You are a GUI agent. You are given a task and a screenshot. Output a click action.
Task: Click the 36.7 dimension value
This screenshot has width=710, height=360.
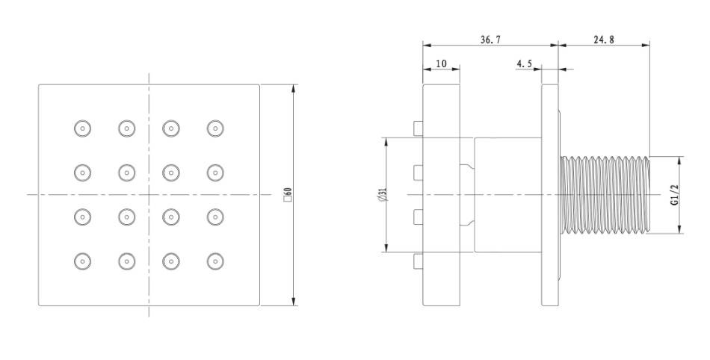coord(490,40)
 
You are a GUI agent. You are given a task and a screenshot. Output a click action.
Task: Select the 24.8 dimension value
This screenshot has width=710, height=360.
coord(604,40)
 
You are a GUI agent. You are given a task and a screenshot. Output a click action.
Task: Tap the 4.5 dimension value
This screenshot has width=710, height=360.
coord(524,63)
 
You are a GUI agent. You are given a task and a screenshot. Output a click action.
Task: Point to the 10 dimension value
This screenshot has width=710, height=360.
coord(441,63)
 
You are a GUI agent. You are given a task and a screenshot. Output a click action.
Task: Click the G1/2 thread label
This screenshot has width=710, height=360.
coord(675,195)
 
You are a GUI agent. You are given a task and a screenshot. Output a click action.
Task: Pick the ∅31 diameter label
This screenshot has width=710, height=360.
coord(383,195)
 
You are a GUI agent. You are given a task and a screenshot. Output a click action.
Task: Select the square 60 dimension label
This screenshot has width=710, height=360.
coord(288,195)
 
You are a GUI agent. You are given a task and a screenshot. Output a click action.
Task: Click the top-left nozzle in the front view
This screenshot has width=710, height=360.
coord(82,128)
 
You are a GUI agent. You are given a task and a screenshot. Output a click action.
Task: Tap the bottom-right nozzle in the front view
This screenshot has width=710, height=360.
coord(215,261)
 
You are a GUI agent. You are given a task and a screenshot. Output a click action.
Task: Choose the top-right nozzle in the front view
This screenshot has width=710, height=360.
coord(215,128)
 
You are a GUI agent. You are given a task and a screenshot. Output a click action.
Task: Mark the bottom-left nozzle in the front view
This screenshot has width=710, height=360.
coord(82,261)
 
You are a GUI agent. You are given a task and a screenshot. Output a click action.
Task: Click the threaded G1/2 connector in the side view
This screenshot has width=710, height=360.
coord(605,195)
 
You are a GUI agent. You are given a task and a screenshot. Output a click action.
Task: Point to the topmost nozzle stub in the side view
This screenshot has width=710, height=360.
coord(419,128)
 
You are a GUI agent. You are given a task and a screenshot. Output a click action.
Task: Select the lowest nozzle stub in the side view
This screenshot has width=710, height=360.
coord(419,261)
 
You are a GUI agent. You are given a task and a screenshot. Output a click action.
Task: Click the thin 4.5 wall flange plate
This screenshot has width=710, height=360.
coord(550,195)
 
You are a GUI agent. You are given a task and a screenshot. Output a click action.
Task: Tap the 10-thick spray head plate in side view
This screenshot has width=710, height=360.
coord(442,195)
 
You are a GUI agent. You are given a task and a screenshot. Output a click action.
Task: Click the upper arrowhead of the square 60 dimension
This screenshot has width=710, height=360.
coord(294,89)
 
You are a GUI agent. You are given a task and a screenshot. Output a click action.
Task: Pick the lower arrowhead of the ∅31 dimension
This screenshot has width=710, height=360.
coord(386,248)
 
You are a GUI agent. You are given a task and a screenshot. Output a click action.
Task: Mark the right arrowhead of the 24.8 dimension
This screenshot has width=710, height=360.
coord(646,44)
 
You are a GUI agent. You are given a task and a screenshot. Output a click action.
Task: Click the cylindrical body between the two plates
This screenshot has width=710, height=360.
coord(508,195)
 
